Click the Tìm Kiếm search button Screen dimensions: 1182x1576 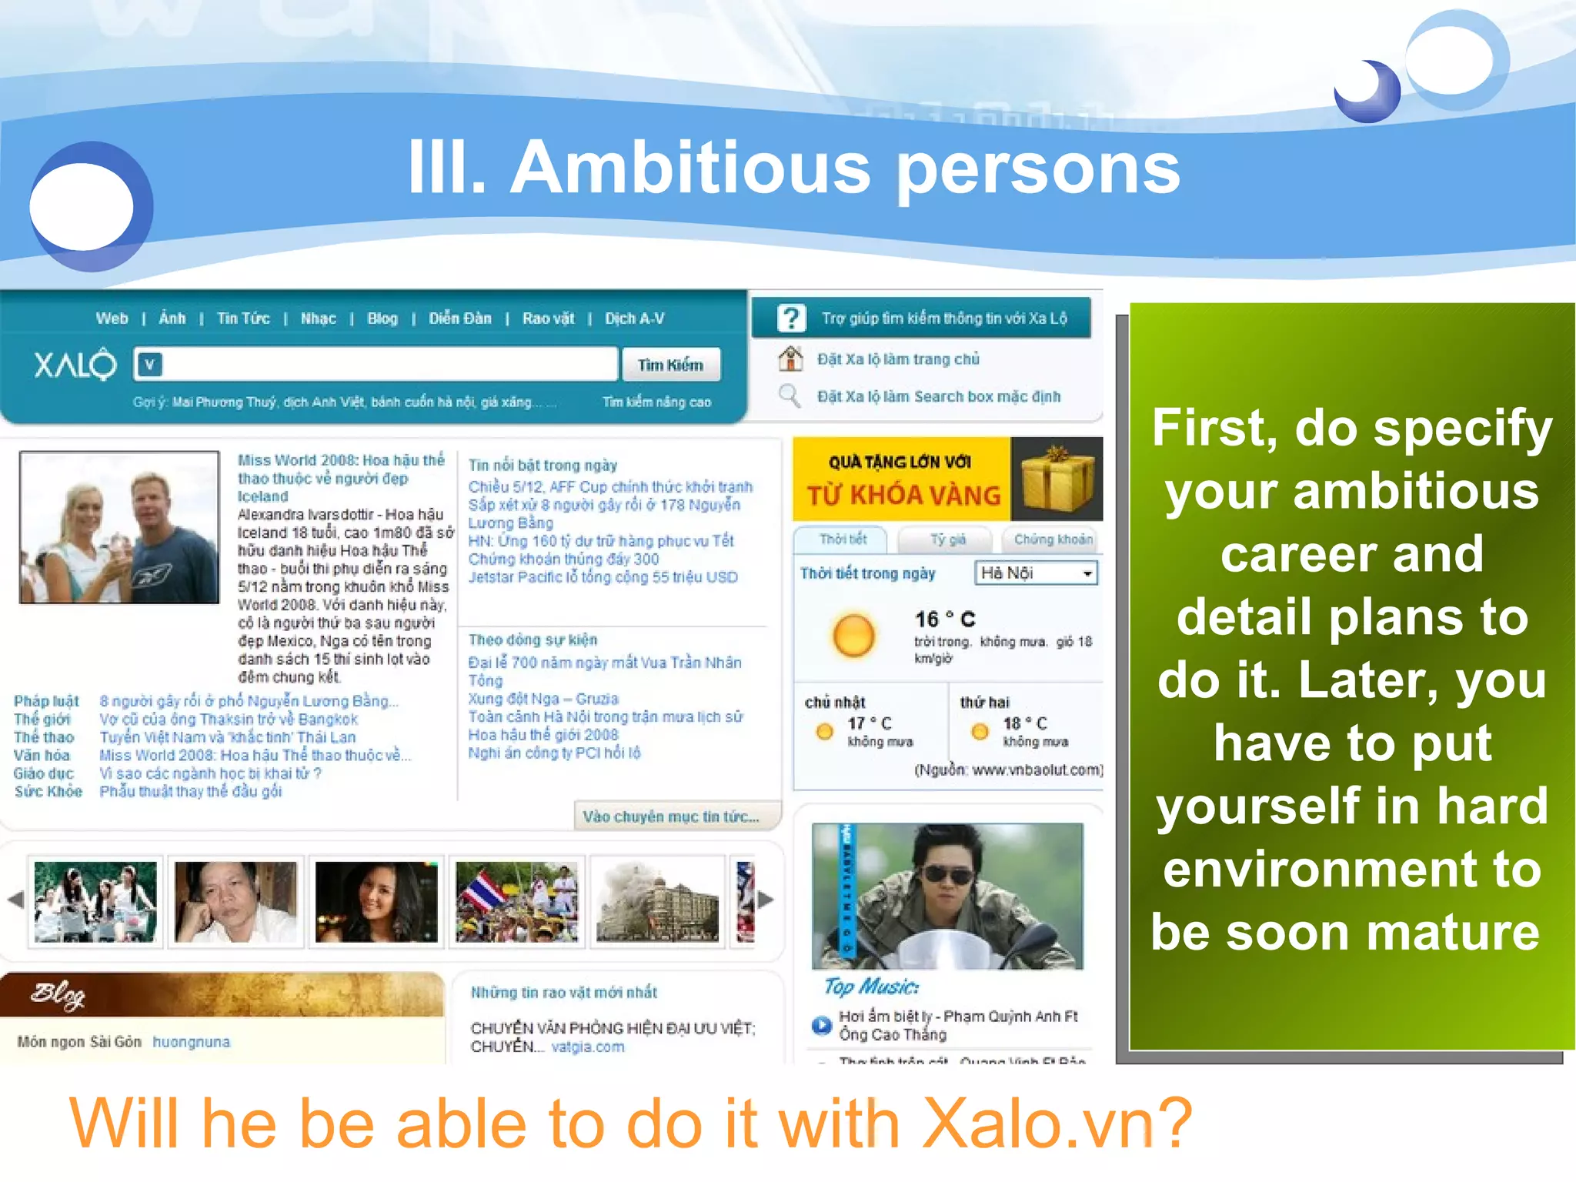pos(670,365)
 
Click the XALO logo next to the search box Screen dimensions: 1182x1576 pos(75,365)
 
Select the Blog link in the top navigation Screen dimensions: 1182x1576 pos(382,319)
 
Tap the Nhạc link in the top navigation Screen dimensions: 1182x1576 pos(318,319)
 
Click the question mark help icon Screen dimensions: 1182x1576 pos(791,318)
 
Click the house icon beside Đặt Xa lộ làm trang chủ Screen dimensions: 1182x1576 pos(790,359)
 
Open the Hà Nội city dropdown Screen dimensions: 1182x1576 pos(1036,573)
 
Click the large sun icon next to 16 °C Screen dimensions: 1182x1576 pos(853,636)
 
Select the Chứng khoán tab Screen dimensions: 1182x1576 pos(1053,539)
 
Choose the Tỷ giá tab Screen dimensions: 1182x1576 pos(947,539)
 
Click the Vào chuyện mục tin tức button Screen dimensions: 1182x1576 pos(671,816)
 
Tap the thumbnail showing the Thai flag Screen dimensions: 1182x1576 pos(516,902)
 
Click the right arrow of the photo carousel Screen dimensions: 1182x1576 pos(766,899)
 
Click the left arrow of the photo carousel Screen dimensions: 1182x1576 pos(15,899)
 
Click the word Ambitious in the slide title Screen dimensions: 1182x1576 pos(691,168)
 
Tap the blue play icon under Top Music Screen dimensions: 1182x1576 pos(822,1025)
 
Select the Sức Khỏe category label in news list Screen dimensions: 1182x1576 pos(48,791)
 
